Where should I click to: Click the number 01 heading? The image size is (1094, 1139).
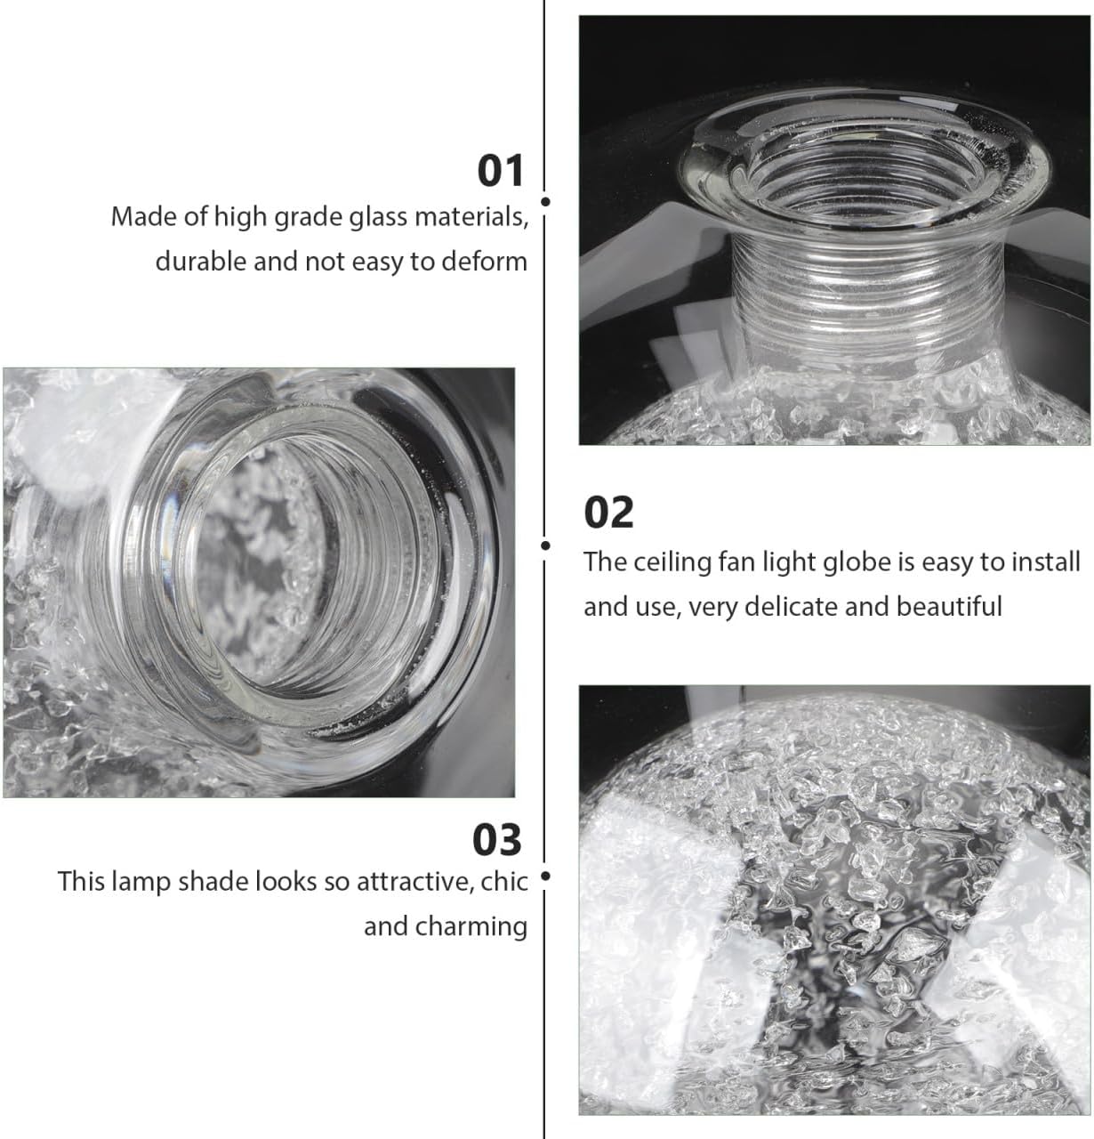pyautogui.click(x=502, y=170)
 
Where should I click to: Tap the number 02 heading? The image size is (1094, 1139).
pyautogui.click(x=608, y=513)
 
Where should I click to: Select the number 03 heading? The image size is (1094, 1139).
pyautogui.click(x=497, y=839)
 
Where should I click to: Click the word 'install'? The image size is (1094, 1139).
pyautogui.click(x=1045, y=562)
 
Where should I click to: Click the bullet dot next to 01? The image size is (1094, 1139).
pyautogui.click(x=545, y=202)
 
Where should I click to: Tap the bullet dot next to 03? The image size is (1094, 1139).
pyautogui.click(x=545, y=876)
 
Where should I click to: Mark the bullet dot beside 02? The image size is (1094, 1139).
pyautogui.click(x=545, y=545)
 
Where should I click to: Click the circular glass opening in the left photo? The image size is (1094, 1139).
pyautogui.click(x=267, y=569)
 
